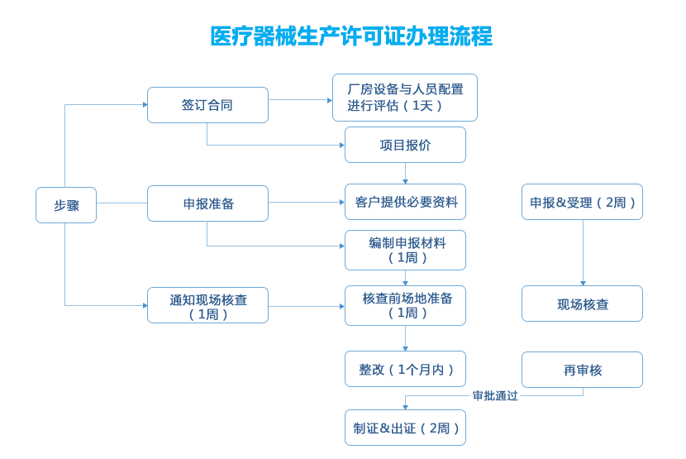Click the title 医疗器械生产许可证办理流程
[351, 36]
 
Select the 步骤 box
[66, 205]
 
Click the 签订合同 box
[207, 105]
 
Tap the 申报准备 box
[207, 203]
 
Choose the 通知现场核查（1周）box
[207, 305]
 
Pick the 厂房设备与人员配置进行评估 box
[405, 98]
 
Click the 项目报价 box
[405, 145]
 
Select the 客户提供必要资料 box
[405, 202]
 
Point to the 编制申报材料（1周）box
[405, 250]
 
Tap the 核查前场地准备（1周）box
[405, 305]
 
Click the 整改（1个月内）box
[405, 369]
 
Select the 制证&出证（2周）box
[405, 428]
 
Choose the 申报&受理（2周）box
[582, 202]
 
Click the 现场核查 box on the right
[582, 304]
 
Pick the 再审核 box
[582, 370]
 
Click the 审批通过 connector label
[495, 395]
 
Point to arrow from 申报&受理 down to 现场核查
[583, 252]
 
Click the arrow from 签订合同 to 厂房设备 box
[299, 100]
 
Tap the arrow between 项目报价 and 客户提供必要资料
[405, 173]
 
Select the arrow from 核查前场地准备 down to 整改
[405, 337]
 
